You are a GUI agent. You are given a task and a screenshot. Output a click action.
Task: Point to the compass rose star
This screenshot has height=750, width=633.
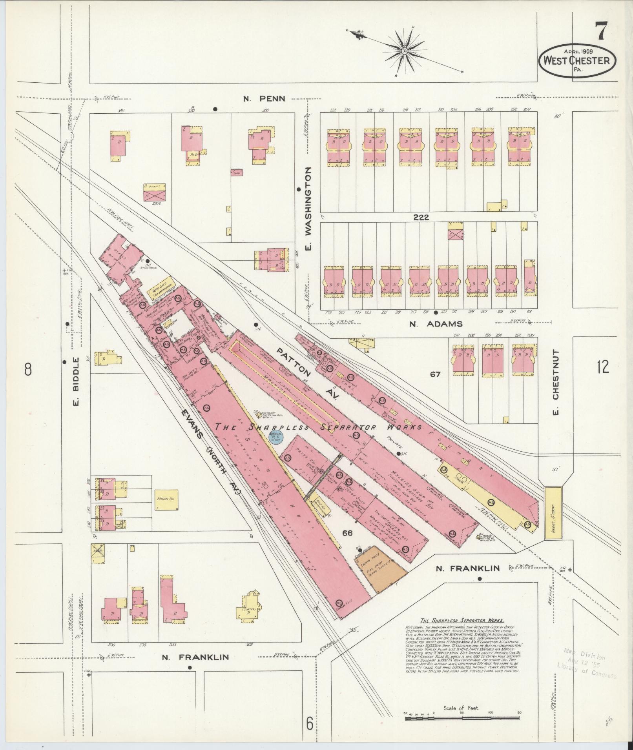404,51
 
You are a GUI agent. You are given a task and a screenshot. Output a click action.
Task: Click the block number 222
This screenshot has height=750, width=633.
421,217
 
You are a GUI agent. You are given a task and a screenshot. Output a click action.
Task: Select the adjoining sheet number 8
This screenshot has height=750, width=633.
28,369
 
